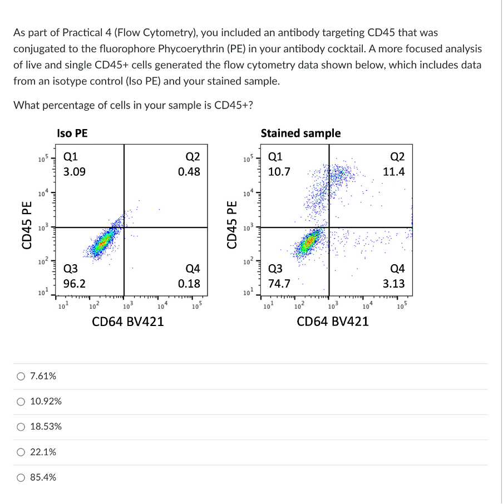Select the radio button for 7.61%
pyautogui.click(x=21, y=376)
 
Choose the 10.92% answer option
pyautogui.click(x=21, y=401)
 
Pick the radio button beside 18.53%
pyautogui.click(x=21, y=427)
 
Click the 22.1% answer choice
pyautogui.click(x=21, y=452)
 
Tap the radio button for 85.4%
pyautogui.click(x=21, y=477)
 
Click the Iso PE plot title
pyautogui.click(x=72, y=134)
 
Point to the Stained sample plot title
pyautogui.click(x=300, y=134)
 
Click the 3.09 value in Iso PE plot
pyautogui.click(x=74, y=172)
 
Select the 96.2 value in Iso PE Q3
pyautogui.click(x=74, y=284)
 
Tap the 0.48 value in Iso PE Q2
pyautogui.click(x=189, y=172)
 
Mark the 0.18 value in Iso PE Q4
pyautogui.click(x=189, y=284)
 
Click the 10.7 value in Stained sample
pyautogui.click(x=279, y=172)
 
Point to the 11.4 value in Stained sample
pyautogui.click(x=394, y=172)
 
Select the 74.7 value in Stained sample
pyautogui.click(x=279, y=284)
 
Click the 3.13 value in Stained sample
pyautogui.click(x=394, y=284)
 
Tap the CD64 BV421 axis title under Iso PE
pyautogui.click(x=128, y=321)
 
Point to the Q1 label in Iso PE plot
pyautogui.click(x=70, y=157)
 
